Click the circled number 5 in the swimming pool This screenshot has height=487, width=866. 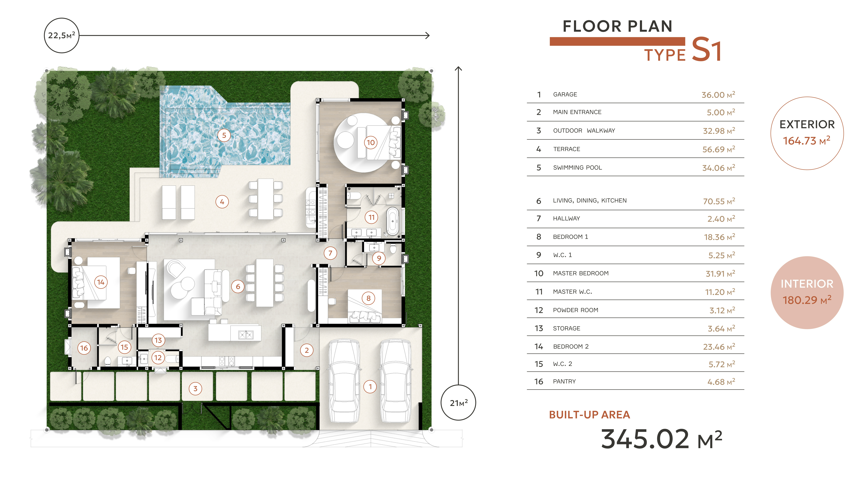224,135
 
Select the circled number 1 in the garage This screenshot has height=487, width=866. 370,386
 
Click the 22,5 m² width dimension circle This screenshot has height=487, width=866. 61,35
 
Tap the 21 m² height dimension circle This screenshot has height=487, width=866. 458,403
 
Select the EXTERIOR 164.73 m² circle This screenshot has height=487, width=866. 807,133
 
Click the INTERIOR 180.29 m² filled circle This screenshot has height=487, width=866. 807,292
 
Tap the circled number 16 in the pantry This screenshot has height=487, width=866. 84,348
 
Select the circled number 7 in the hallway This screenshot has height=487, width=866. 330,253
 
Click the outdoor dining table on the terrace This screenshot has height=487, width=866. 266,199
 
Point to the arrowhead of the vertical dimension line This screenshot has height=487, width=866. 458,69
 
